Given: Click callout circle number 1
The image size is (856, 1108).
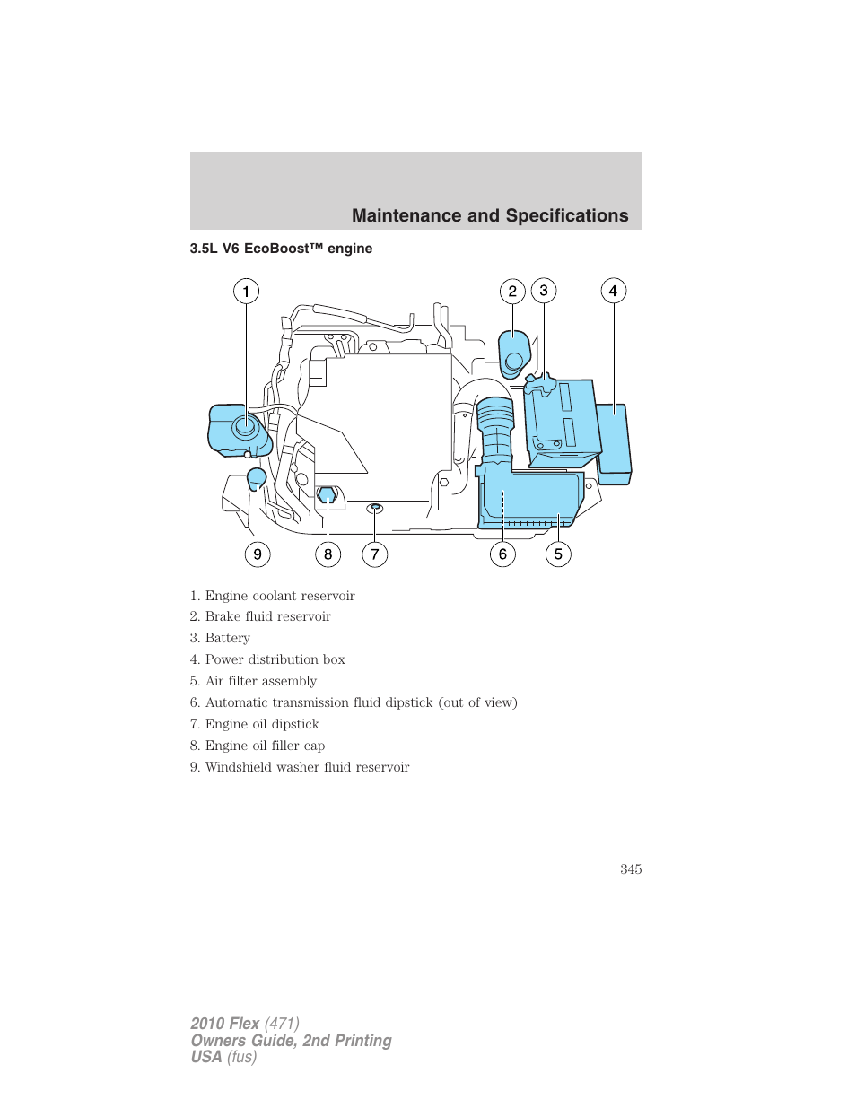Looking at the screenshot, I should click(x=246, y=291).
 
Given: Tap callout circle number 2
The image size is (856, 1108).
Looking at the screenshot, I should click(x=512, y=291).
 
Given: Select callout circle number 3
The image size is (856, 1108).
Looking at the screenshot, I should click(x=544, y=291).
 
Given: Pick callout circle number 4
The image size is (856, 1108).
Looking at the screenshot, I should click(x=613, y=291).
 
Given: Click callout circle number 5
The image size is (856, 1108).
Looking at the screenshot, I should click(x=558, y=554).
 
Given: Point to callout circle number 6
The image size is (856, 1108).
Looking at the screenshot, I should click(x=502, y=554).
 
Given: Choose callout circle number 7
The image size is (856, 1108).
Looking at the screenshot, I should click(x=375, y=554).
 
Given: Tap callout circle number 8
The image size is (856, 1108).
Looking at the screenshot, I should click(x=328, y=554).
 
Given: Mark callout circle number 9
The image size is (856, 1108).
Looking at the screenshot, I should click(x=258, y=554).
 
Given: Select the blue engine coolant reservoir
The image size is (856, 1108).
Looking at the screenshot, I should click(x=238, y=430).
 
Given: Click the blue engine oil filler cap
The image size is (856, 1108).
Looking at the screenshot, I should click(x=327, y=494).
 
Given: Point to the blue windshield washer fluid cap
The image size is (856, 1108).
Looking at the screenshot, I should click(x=257, y=477).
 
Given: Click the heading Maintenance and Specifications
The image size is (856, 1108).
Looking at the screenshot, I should click(x=490, y=215).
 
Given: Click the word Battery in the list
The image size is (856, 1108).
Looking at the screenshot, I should click(x=227, y=638).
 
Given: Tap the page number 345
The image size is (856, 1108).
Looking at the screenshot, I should click(x=631, y=869).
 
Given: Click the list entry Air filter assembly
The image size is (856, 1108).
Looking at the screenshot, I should click(x=260, y=681).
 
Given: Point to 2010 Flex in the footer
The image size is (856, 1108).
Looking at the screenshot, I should click(x=225, y=1024).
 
